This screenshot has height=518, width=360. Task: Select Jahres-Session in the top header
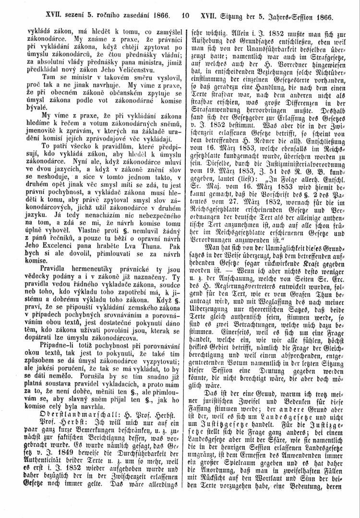pos(296,15)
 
